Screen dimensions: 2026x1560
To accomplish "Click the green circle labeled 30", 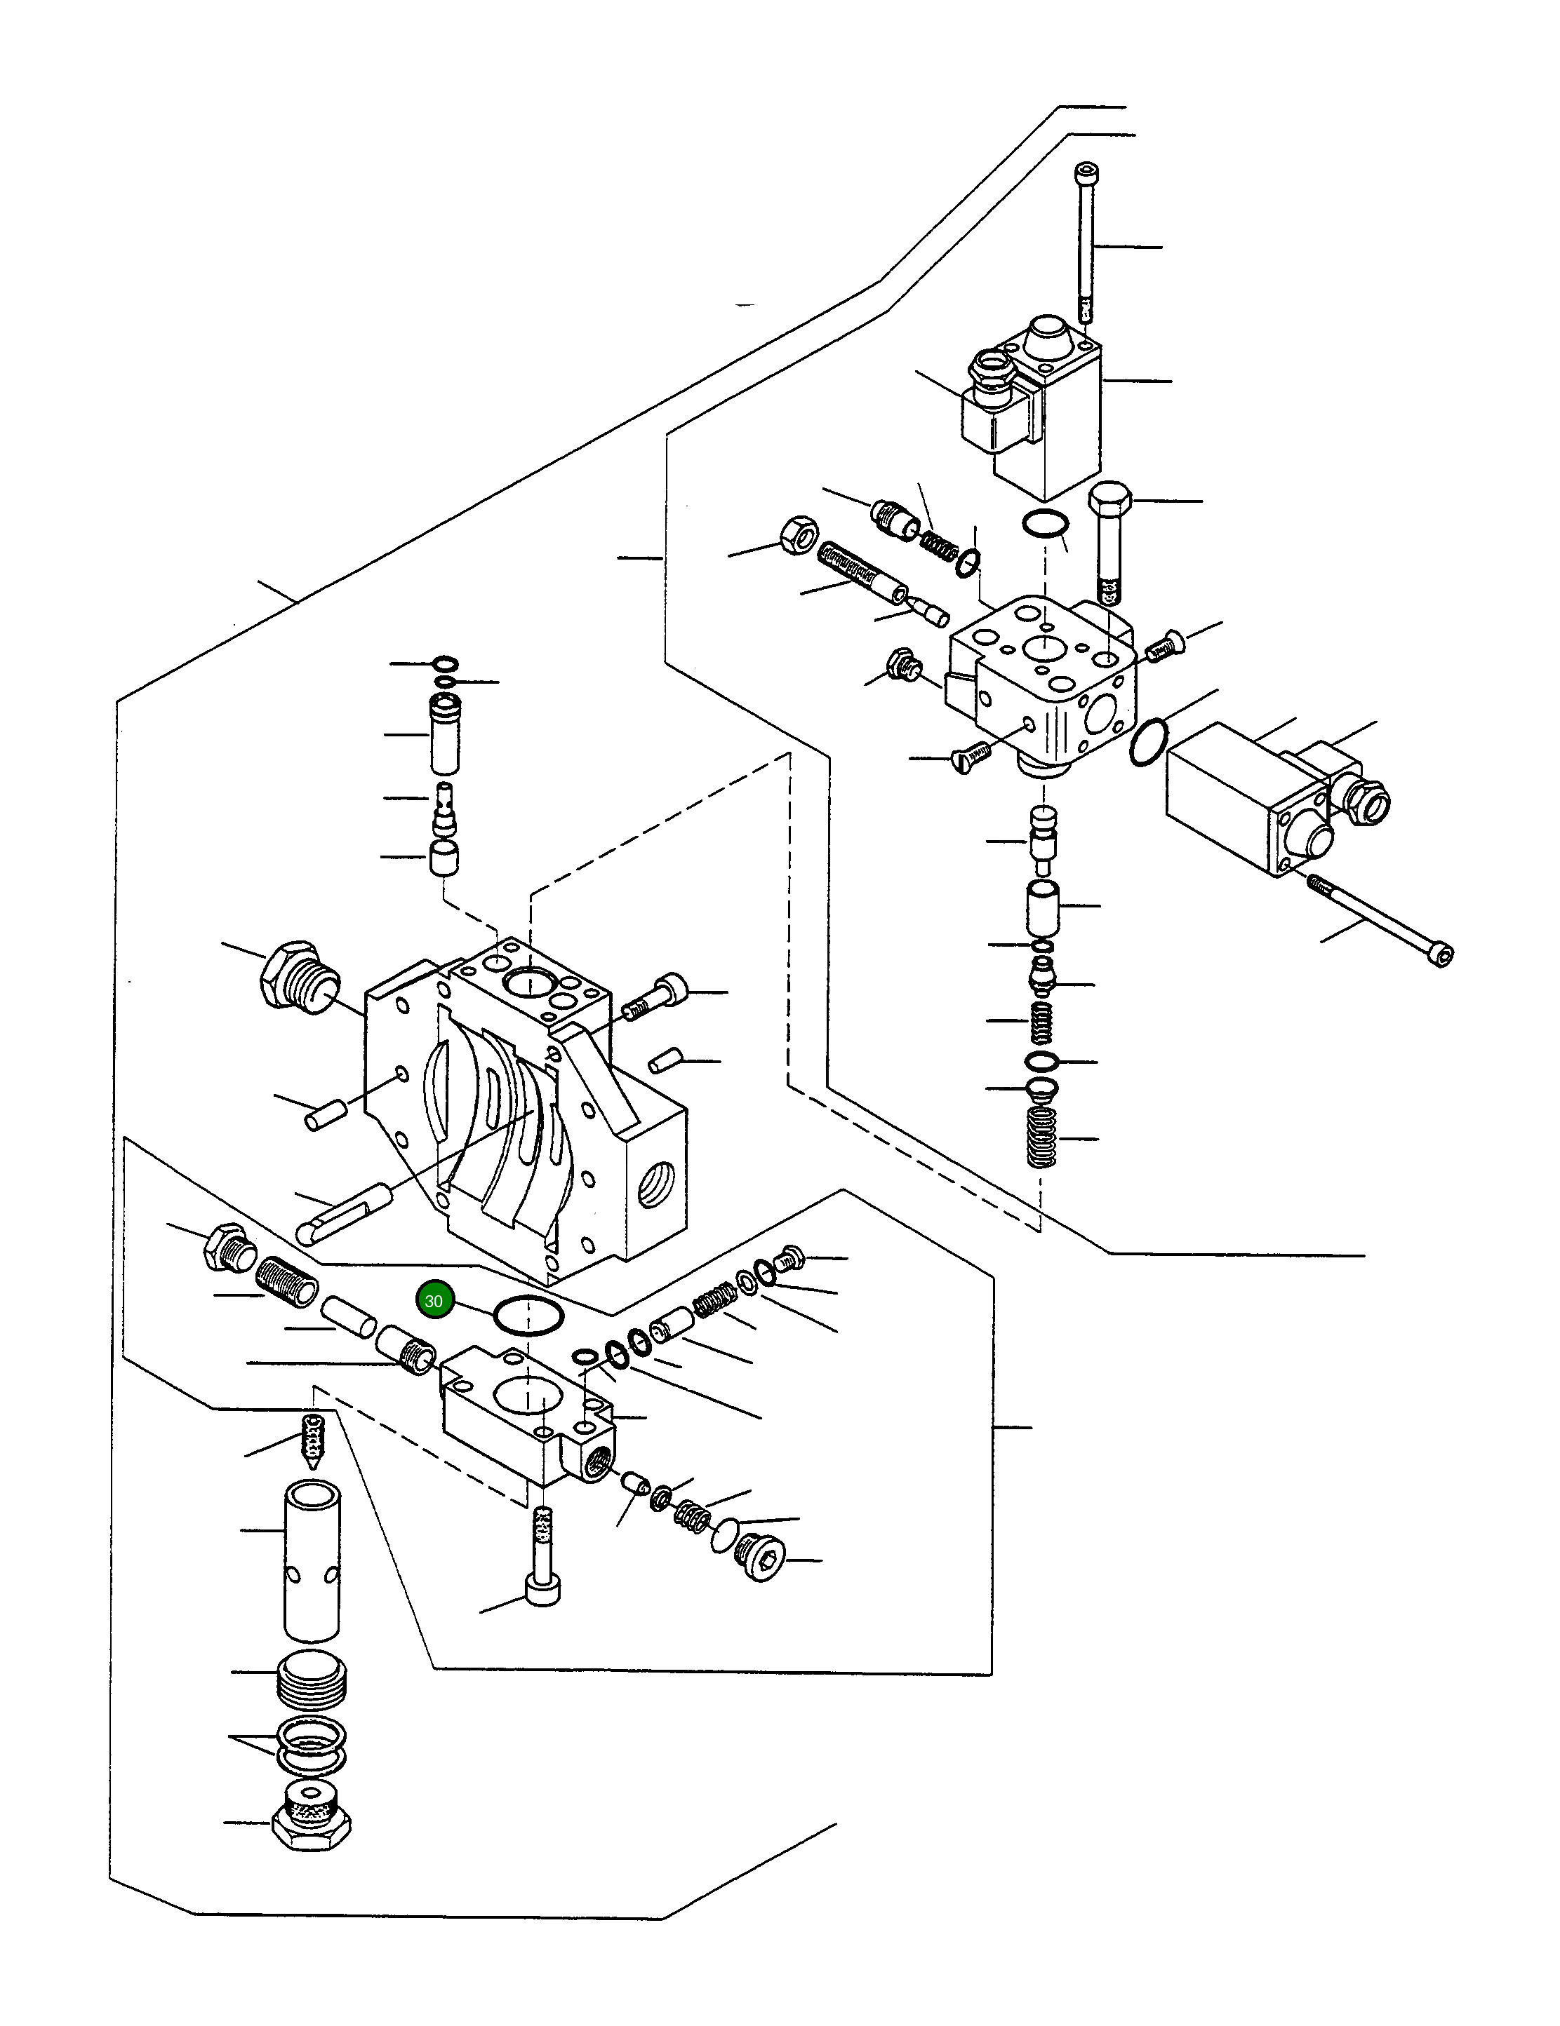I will click(x=434, y=1301).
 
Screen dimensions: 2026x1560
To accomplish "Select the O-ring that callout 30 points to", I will click(x=528, y=1316).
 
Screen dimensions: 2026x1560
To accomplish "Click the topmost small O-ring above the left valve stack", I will click(x=446, y=663).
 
